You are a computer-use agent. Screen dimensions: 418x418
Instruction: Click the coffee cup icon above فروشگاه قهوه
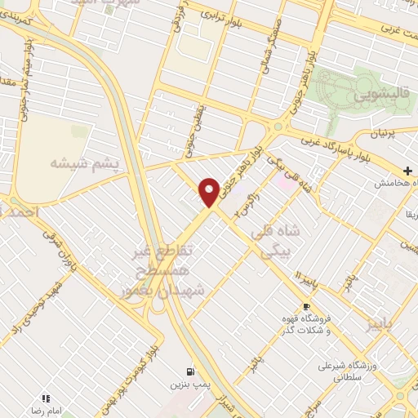pyautogui.click(x=307, y=306)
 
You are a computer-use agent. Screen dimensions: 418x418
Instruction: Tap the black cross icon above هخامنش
pyautogui.click(x=407, y=171)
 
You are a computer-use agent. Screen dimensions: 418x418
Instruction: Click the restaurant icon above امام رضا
pyautogui.click(x=46, y=398)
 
